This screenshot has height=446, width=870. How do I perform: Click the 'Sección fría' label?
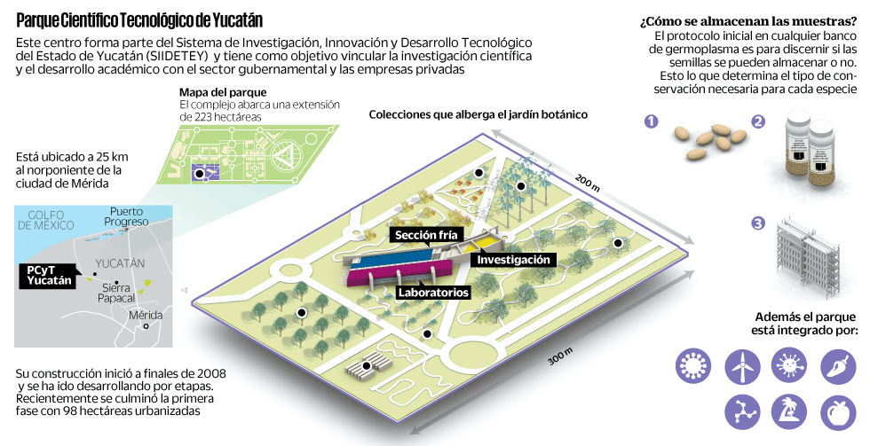(426, 234)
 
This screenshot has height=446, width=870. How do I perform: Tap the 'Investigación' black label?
(515, 260)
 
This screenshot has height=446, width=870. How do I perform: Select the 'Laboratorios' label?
(433, 291)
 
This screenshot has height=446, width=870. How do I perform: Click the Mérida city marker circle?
(146, 325)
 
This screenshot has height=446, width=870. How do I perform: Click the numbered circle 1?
(652, 123)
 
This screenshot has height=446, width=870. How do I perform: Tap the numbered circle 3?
(756, 223)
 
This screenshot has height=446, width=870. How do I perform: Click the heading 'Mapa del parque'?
(222, 92)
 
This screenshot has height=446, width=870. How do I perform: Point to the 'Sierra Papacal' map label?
(117, 293)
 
